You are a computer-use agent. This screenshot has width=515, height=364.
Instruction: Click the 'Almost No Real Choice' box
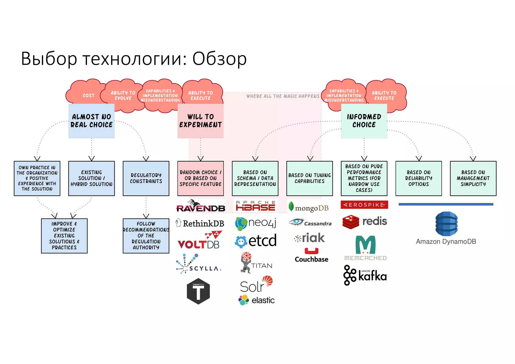(91, 121)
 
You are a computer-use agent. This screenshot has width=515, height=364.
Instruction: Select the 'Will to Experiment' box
(200, 121)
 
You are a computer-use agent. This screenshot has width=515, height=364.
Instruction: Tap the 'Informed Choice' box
(364, 121)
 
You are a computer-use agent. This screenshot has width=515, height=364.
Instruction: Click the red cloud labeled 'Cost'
(87, 95)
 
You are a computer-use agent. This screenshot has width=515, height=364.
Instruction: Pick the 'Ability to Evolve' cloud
(123, 96)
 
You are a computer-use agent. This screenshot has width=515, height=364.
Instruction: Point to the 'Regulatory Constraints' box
(146, 178)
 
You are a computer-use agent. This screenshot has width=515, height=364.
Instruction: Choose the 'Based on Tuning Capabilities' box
(310, 178)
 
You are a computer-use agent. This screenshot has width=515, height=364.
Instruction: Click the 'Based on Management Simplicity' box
(473, 178)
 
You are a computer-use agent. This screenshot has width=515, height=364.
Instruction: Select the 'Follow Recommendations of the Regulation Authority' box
(146, 236)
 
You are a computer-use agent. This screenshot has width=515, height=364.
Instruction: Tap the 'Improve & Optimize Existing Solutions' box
(64, 236)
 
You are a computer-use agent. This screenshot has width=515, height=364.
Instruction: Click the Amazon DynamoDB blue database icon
(446, 224)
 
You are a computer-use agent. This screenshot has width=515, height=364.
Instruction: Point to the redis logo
(364, 222)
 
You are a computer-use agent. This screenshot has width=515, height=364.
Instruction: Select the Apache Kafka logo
(365, 275)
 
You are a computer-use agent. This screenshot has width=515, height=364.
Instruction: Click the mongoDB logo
(309, 207)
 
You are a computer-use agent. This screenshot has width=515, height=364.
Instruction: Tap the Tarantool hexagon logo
(198, 291)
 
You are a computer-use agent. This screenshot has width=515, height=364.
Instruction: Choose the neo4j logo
(255, 223)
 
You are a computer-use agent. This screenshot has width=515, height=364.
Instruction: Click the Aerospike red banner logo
(364, 205)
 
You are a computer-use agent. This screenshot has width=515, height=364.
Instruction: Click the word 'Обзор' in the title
(219, 59)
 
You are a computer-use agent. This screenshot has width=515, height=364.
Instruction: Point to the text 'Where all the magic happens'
(283, 96)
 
